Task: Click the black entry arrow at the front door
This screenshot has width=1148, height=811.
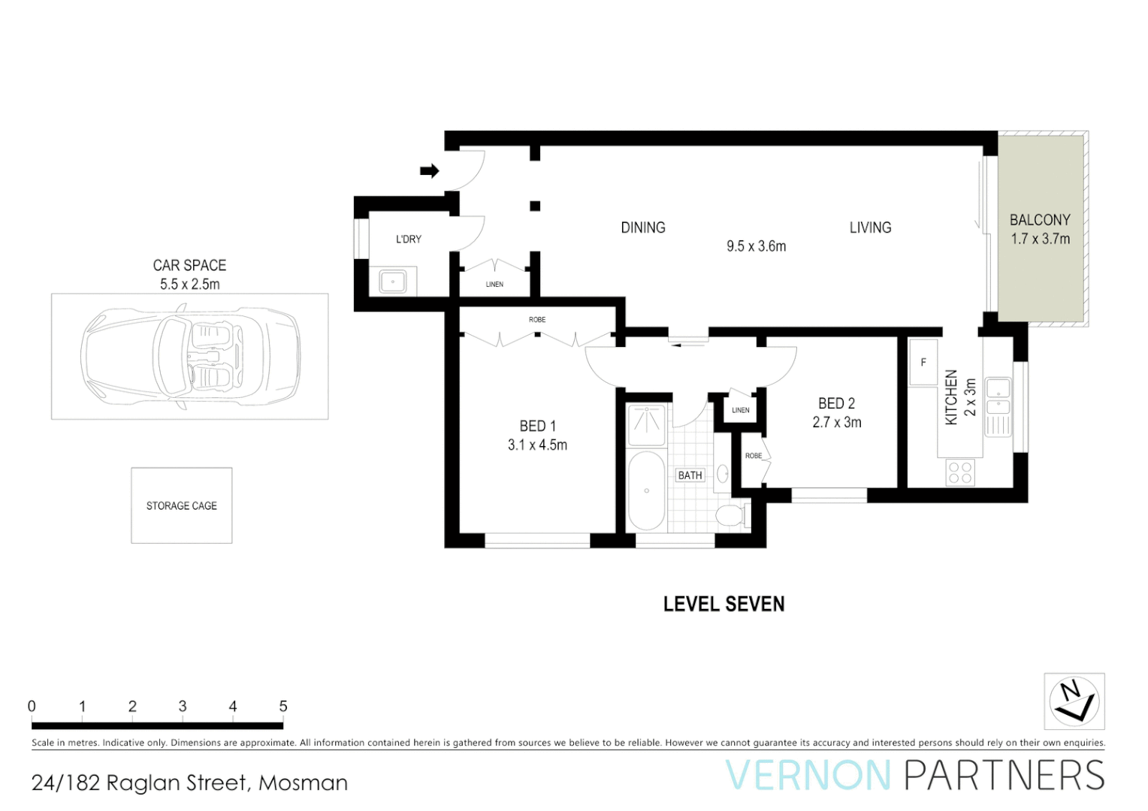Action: (429, 171)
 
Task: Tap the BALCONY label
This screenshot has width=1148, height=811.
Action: (1040, 220)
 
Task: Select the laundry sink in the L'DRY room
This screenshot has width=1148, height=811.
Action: (393, 282)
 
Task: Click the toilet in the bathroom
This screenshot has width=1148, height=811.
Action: (730, 515)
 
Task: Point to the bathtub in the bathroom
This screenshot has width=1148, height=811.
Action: (646, 491)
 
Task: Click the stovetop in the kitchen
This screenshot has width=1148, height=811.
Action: (960, 472)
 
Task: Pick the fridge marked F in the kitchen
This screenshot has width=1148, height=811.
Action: (923, 362)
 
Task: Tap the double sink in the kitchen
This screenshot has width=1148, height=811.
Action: (998, 397)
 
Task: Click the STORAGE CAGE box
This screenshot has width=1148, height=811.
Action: (182, 505)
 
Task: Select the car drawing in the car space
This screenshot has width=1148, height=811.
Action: (190, 356)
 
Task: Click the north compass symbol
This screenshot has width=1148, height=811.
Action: (1074, 701)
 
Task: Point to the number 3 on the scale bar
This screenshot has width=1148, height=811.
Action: (183, 706)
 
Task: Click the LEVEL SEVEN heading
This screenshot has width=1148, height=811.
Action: (724, 604)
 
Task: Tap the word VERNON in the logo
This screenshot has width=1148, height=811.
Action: (808, 776)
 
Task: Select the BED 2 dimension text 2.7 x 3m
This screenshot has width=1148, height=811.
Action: (836, 423)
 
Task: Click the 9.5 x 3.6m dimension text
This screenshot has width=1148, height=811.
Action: (756, 246)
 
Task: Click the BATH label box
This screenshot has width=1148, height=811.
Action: (690, 475)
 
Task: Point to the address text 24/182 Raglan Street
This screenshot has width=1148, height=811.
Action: (140, 782)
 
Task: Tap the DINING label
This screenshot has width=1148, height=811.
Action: (643, 228)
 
